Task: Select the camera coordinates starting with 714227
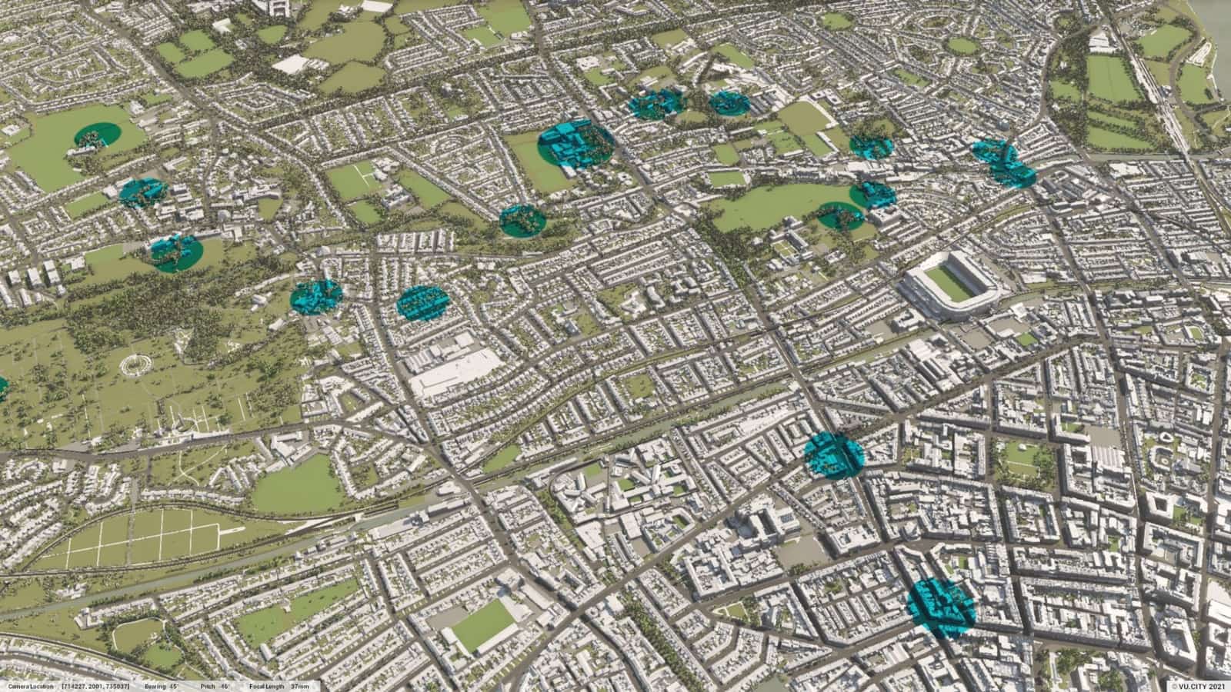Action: click(95, 686)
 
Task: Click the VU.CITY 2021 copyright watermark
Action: click(1197, 686)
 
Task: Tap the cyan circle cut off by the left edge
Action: click(2, 389)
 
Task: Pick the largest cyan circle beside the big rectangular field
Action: click(575, 145)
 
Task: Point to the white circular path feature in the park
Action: click(136, 364)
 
